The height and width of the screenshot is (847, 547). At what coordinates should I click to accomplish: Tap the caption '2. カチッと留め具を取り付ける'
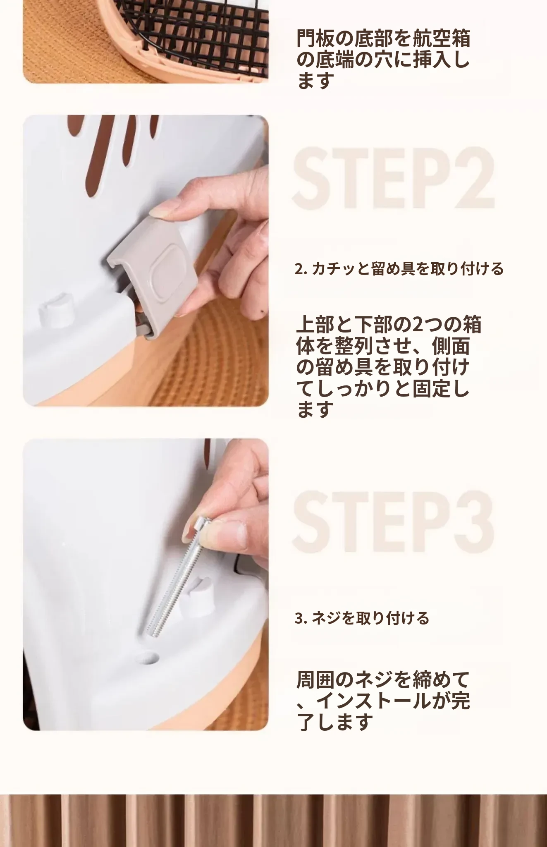point(399,269)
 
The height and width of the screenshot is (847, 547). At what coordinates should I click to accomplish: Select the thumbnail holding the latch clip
point(146,261)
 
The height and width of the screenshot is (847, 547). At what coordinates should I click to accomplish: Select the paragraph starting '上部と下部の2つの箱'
point(389,367)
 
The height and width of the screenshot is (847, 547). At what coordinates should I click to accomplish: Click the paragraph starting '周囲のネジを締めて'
point(383,701)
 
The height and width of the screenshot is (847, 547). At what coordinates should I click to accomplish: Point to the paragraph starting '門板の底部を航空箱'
point(383,59)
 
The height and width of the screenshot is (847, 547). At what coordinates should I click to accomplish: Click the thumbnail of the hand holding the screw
point(146,585)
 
